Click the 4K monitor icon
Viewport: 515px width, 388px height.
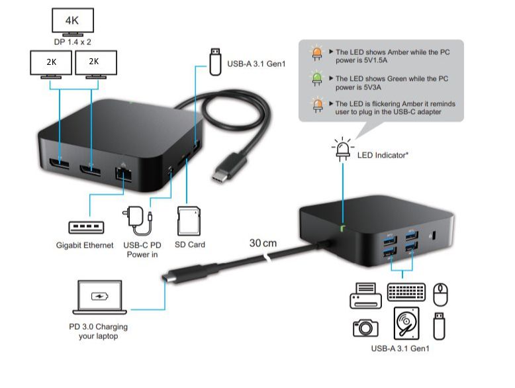(72, 21)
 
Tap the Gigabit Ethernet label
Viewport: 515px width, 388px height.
(85, 245)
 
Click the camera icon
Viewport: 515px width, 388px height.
(365, 327)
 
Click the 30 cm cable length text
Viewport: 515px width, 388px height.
(263, 243)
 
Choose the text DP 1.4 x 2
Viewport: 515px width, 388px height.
(73, 41)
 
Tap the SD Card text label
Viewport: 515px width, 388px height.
(190, 245)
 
